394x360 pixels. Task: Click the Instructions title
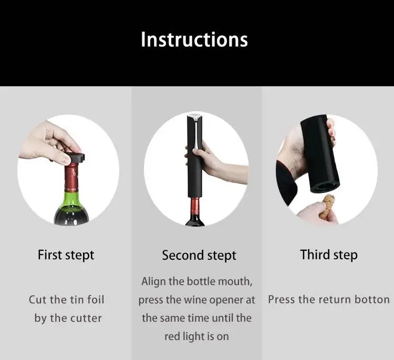click(194, 39)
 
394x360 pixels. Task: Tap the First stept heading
click(66, 256)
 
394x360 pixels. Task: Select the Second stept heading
click(199, 256)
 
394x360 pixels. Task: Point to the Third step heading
click(329, 255)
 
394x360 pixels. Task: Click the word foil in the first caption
click(96, 300)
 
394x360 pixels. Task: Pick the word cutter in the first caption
click(86, 319)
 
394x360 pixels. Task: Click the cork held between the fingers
click(327, 207)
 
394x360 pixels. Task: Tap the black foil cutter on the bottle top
click(75, 157)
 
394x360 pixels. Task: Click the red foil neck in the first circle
click(71, 177)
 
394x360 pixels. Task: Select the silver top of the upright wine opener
click(194, 118)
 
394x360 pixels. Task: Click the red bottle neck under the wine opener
click(194, 206)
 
